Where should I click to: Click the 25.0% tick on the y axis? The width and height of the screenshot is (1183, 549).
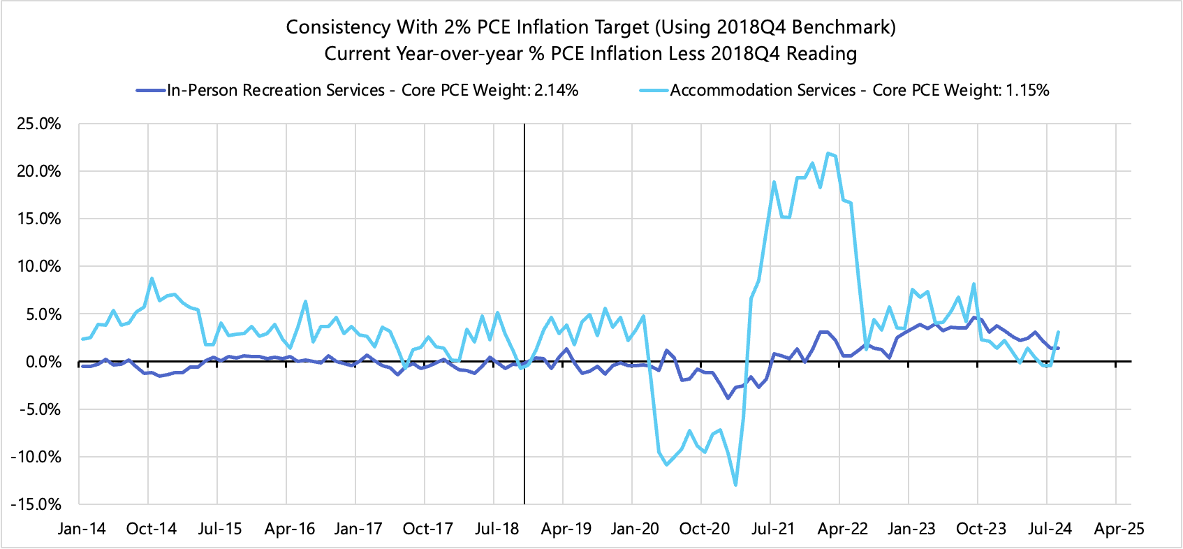pos(39,124)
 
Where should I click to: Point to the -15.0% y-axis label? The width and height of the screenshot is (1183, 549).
pos(37,504)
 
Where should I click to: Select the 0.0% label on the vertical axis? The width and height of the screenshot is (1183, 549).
pos(43,362)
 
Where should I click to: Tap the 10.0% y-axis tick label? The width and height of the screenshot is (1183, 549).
pos(39,267)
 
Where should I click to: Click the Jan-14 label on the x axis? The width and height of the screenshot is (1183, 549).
pos(82,529)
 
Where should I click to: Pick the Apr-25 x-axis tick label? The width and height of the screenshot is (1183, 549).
pos(1119,529)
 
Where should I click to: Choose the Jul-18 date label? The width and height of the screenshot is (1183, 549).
pos(497,529)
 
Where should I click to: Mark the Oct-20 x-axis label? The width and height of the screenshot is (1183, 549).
pos(704,529)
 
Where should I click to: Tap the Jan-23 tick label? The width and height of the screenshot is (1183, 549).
pos(911,529)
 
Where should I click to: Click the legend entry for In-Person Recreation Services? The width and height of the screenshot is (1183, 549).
pos(275,90)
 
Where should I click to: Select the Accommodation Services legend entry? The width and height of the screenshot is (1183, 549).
pos(763,90)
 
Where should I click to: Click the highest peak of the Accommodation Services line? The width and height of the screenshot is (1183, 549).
pos(828,154)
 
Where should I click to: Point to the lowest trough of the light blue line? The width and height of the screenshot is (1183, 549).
pos(735,485)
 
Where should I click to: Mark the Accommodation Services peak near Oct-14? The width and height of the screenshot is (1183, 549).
pos(152,279)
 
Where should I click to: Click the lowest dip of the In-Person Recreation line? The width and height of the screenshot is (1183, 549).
pos(728,397)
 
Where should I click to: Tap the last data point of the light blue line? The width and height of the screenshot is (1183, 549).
pos(1059,332)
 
